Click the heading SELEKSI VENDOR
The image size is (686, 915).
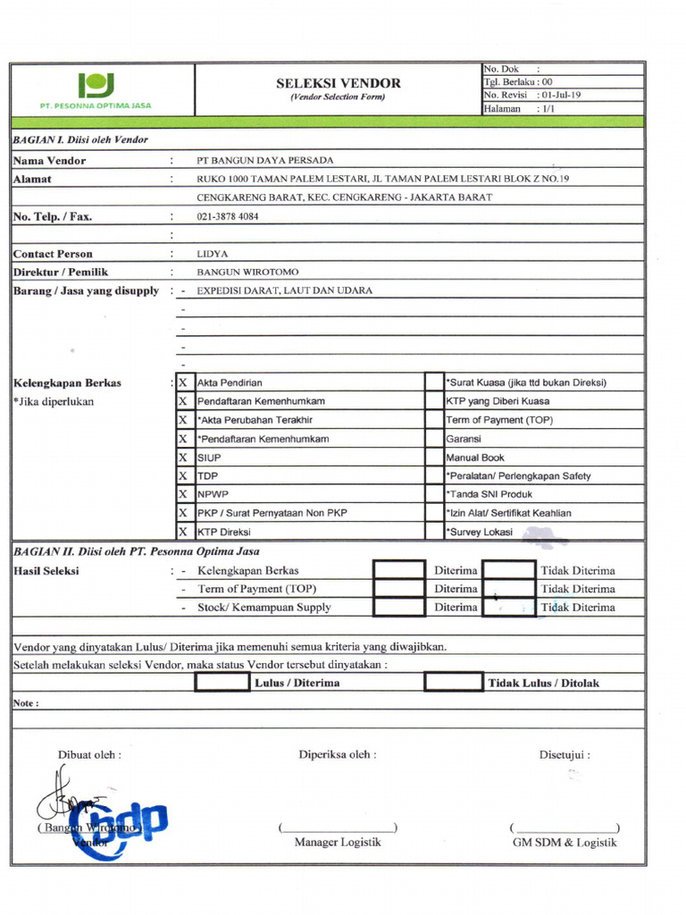338,83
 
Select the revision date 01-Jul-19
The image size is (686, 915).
561,94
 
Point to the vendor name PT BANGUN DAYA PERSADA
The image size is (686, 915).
264,161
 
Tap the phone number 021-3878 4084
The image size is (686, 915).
228,216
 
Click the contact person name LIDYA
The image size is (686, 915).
213,254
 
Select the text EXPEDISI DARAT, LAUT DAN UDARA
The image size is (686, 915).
284,290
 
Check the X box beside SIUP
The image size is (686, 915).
183,457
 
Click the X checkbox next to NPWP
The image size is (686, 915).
183,494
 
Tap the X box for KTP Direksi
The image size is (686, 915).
183,532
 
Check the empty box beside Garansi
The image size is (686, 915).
434,439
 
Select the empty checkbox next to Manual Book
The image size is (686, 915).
434,457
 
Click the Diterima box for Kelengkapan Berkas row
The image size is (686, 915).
399,570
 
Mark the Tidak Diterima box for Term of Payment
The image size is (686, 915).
508,589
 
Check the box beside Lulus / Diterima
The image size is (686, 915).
222,683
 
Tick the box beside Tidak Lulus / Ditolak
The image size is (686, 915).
453,683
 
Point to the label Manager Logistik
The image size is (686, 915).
338,843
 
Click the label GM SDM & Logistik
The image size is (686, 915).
564,843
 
